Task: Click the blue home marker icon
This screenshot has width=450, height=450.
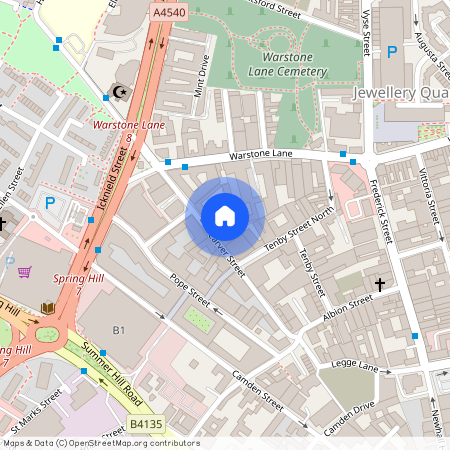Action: [x=225, y=216]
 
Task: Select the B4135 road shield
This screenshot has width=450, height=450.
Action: [x=146, y=425]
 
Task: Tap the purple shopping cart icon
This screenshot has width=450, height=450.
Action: [x=24, y=271]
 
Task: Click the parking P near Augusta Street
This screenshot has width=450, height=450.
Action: [x=392, y=51]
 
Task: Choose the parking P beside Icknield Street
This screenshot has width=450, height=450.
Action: [x=49, y=203]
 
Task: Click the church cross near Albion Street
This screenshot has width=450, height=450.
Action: [x=379, y=285]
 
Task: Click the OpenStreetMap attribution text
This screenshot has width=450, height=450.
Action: [x=100, y=443]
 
